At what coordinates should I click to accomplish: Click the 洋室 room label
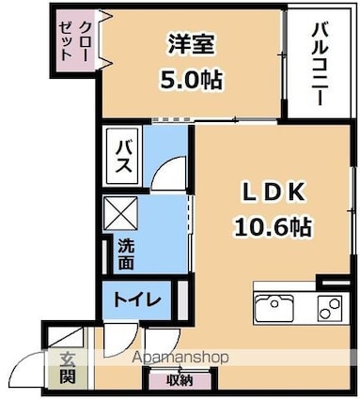[x=191, y=44]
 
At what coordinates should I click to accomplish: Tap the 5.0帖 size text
[x=191, y=80]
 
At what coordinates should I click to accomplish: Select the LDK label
[x=274, y=192]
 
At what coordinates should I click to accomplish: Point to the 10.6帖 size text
[x=273, y=226]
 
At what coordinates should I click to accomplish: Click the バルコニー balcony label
[x=321, y=65]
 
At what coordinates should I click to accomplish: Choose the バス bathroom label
[x=123, y=156]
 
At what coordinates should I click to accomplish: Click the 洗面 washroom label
[x=126, y=254]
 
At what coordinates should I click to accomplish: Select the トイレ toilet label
[x=137, y=300]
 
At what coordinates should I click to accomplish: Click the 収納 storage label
[x=180, y=380]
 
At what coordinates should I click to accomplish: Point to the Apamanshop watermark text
[x=180, y=357]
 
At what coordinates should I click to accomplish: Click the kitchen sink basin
[x=274, y=308]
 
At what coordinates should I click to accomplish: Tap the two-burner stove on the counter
[x=329, y=308]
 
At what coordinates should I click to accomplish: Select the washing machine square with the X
[x=120, y=213]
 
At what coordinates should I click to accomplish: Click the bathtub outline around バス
[x=122, y=156]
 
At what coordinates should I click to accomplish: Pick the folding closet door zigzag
[x=104, y=39]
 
